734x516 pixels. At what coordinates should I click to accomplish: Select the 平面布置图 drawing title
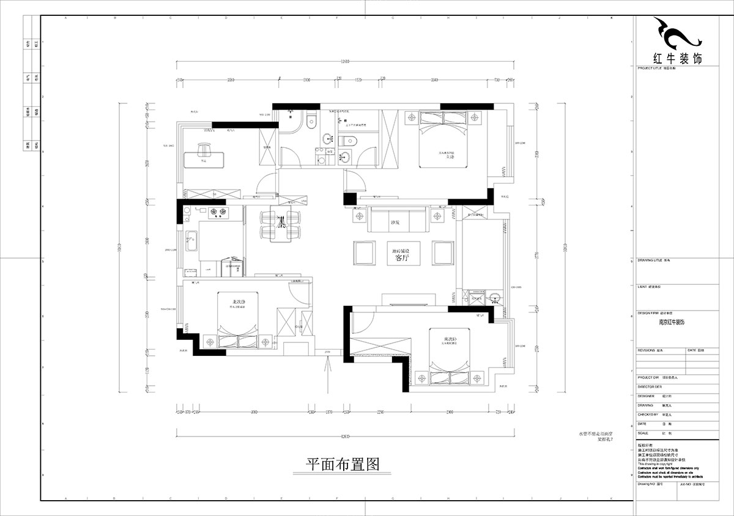343,464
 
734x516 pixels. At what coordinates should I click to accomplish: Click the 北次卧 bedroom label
239,302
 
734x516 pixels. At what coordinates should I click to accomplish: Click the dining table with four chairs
281,225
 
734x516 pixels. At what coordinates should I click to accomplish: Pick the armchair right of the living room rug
442,252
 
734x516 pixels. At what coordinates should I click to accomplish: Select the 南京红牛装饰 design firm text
671,322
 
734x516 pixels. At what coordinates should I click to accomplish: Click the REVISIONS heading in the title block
647,351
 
